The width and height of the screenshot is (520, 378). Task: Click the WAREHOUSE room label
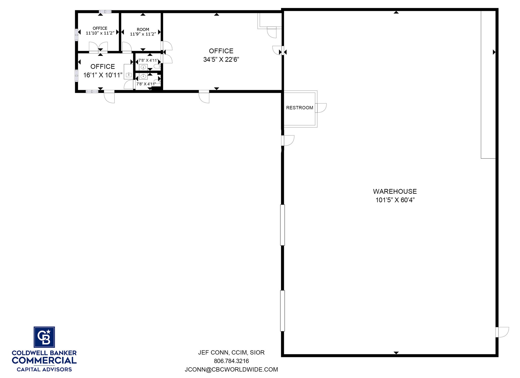pos(395,191)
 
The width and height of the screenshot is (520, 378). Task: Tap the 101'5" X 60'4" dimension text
pos(395,200)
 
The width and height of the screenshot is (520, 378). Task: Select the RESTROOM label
pos(300,108)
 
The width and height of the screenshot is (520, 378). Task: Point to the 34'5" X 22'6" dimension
pos(221,59)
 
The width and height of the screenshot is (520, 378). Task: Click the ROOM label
pos(143,29)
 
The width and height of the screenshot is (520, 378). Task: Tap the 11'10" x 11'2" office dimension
pos(100,33)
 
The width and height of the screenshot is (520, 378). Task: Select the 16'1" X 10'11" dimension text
pos(103,75)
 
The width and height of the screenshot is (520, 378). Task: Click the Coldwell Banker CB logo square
pos(44,337)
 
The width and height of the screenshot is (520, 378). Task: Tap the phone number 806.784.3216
pos(231,361)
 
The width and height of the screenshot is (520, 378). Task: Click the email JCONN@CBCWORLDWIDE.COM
pos(231,369)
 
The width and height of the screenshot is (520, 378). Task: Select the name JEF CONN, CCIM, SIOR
pos(231,352)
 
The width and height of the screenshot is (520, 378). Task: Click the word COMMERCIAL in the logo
pos(44,360)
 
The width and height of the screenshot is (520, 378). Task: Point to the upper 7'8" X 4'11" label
pos(148,60)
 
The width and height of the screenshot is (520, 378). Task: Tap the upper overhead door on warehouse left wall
pos(282,225)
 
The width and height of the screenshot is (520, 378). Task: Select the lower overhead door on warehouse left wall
pos(282,311)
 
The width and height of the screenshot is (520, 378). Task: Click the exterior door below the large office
pos(204,97)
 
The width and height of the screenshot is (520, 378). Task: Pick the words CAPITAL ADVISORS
pos(44,369)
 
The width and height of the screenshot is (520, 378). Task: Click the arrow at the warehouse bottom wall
pos(396,353)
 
